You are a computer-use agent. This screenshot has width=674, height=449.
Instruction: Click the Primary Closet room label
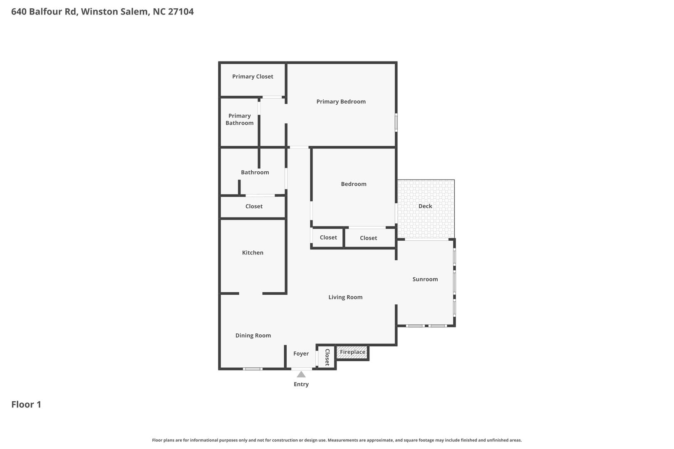(253, 76)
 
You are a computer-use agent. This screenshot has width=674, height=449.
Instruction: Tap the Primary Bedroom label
(341, 102)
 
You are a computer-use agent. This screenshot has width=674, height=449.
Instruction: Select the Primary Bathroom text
(240, 119)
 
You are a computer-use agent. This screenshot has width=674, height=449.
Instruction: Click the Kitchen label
(253, 253)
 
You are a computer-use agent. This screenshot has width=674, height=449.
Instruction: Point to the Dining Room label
(253, 336)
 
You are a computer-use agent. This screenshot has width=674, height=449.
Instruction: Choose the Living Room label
(345, 297)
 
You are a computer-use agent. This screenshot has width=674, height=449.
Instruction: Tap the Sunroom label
(425, 279)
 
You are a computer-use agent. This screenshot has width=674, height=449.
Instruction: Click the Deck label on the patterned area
(425, 206)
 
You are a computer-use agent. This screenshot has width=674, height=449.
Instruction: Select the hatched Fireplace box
(352, 353)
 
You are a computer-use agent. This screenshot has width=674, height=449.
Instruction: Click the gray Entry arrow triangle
(301, 375)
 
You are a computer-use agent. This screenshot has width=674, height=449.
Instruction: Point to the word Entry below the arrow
(301, 384)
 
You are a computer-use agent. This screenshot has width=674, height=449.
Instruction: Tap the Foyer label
(301, 354)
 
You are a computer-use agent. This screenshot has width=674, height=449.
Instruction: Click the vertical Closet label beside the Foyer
(327, 357)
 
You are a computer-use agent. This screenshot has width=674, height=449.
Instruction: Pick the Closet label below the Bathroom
(254, 206)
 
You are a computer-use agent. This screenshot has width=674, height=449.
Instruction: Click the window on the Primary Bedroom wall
(396, 122)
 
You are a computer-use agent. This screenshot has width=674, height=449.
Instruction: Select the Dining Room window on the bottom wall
(253, 369)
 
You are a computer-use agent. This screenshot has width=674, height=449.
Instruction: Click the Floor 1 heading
(26, 404)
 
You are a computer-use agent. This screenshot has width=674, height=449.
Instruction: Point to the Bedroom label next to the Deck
(354, 184)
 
